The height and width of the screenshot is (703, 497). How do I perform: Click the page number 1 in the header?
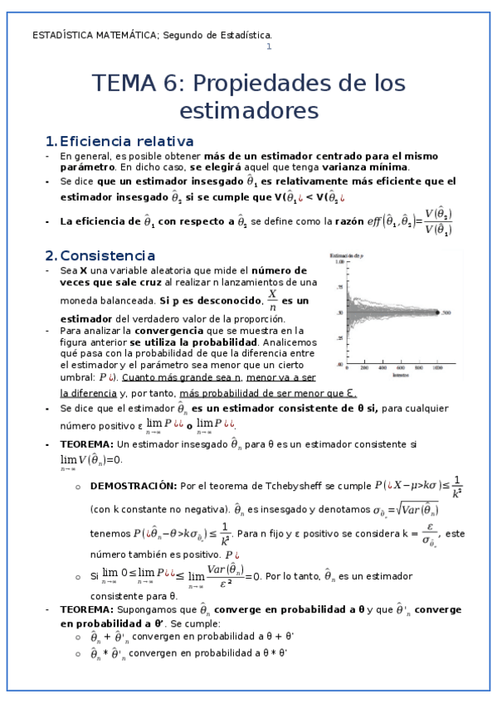(268, 46)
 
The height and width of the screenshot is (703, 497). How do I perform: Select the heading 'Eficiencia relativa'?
(127, 141)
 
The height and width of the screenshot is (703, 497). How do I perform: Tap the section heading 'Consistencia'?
(108, 255)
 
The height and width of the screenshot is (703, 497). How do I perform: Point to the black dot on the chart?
(436, 313)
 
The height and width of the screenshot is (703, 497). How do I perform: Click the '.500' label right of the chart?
(446, 313)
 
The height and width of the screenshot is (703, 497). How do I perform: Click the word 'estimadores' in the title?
(248, 109)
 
